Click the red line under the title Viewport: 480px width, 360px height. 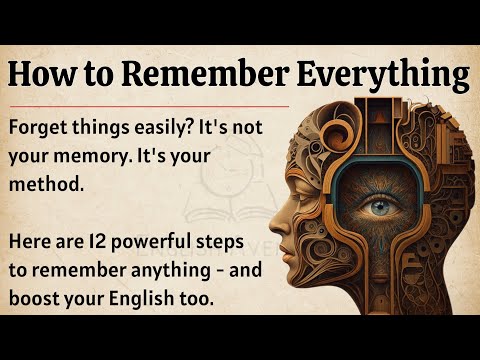pyautogui.click(x=150, y=104)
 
